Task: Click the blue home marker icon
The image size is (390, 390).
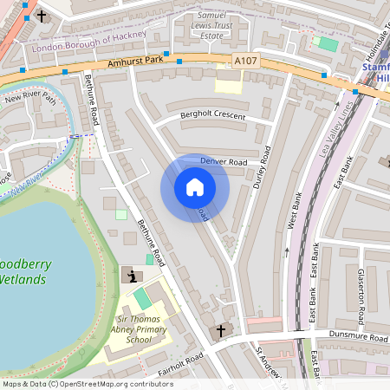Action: (x=194, y=187)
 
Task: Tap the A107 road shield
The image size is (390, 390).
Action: (x=245, y=61)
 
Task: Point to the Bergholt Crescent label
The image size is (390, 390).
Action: (x=213, y=115)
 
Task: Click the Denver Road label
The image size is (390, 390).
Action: (x=224, y=162)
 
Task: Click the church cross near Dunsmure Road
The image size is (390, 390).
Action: (x=220, y=330)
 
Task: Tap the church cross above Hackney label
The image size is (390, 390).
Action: (x=42, y=16)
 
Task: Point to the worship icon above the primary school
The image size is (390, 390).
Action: (x=131, y=276)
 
